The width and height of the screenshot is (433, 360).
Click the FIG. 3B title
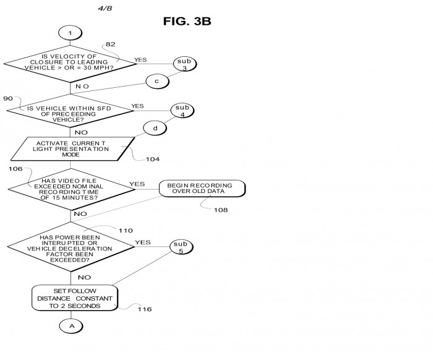187,21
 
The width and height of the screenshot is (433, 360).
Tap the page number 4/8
105,8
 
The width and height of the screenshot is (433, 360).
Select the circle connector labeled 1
70,33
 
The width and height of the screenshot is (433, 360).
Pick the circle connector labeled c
157,81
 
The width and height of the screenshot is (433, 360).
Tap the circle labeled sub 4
182,111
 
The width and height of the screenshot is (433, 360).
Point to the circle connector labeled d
155,129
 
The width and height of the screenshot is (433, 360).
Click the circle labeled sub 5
181,247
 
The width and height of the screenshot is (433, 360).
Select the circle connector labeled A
71,326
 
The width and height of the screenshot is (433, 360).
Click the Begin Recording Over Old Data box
202,189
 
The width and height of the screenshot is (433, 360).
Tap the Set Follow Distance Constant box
75,298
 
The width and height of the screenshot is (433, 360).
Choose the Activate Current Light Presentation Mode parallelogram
72,149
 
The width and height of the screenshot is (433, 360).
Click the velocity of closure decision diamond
70,64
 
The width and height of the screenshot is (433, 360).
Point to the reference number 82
111,44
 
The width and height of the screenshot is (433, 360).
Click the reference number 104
153,159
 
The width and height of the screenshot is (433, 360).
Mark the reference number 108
221,210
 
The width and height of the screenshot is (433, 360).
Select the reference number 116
145,309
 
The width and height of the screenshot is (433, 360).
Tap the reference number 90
8,98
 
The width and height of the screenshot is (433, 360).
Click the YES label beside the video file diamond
137,184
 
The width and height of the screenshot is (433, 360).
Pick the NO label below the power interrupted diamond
84,277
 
